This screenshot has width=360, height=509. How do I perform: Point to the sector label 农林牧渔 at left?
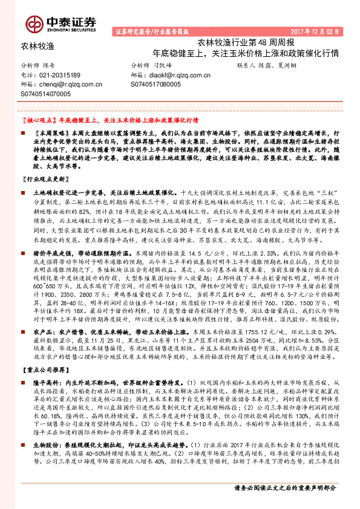[x=38, y=45]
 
